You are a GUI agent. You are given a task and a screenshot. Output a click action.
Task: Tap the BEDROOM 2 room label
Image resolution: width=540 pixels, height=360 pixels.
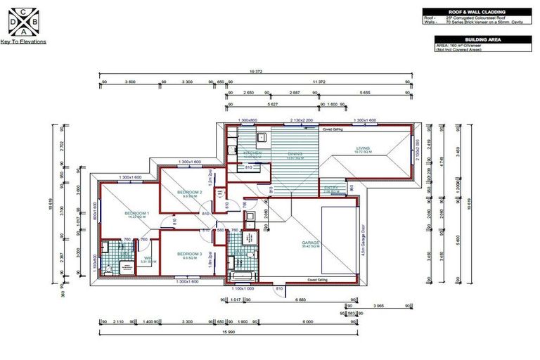tap(189, 192)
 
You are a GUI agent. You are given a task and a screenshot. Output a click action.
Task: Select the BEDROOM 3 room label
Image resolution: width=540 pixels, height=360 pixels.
tap(189, 254)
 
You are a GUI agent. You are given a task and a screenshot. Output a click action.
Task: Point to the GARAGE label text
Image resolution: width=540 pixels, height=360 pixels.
tap(311, 243)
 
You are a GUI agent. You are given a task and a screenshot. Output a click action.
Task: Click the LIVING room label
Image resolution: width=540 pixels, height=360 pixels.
tap(363, 148)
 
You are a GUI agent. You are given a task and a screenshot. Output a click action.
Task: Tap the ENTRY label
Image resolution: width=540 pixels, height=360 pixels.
tap(331, 188)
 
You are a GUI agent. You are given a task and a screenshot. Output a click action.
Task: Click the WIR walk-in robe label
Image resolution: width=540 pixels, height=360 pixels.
tap(148, 258)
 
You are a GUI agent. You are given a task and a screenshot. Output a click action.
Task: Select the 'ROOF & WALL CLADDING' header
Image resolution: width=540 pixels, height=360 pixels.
tap(477, 12)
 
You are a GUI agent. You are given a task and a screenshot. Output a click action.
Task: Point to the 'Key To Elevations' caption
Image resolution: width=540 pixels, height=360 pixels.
tap(24, 42)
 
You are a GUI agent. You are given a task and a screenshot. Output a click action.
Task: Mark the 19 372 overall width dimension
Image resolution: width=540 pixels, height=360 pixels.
tap(255, 72)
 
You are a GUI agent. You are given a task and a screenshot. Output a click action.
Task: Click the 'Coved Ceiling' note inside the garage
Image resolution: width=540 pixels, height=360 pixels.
tap(317, 280)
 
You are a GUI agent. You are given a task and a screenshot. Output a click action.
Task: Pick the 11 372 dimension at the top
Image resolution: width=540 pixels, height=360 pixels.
tap(318, 82)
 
